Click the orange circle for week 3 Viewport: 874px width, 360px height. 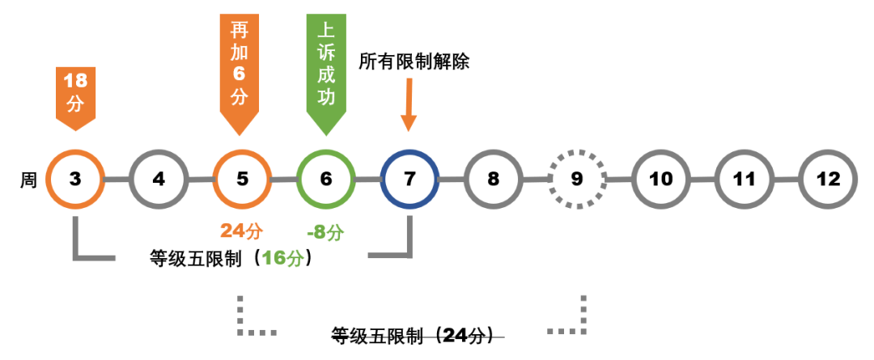point(75,179)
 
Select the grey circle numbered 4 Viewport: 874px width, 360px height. point(159,179)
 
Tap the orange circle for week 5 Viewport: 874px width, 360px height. point(242,179)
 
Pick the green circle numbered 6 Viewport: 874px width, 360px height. point(326,179)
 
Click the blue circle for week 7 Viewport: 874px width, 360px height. point(409,179)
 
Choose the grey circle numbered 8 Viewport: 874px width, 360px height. point(494,179)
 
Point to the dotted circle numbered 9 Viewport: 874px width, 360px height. point(577,179)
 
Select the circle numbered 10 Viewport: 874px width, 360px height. point(661,179)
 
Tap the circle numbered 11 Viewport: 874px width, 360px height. point(745,179)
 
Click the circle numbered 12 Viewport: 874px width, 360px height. point(828,179)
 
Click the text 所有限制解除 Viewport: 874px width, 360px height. point(414,61)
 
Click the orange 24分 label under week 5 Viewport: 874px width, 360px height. point(242,231)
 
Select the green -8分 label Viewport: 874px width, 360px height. point(325,232)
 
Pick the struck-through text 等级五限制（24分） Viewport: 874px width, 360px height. point(418,336)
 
